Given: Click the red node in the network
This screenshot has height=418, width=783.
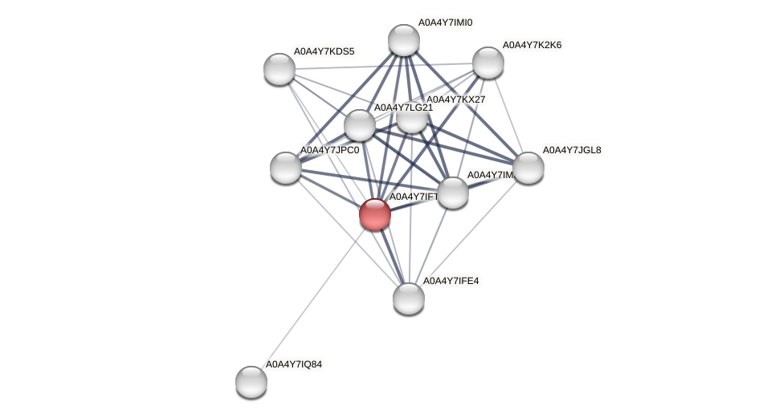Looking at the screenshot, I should [x=374, y=214].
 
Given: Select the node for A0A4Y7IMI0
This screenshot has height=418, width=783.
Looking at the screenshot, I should [x=403, y=40].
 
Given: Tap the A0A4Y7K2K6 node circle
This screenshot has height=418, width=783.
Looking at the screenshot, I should [x=487, y=63].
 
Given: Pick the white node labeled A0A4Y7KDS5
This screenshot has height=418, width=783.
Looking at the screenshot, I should [x=279, y=68].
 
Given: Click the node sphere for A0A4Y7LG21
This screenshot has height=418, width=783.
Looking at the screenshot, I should [x=359, y=124].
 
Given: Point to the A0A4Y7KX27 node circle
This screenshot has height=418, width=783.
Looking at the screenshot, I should [x=411, y=118].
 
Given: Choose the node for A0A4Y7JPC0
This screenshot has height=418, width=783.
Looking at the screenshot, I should [x=286, y=167].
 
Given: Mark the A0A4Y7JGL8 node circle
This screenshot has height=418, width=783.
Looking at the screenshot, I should [x=528, y=167].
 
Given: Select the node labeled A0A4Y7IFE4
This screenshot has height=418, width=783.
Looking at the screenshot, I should [x=408, y=298].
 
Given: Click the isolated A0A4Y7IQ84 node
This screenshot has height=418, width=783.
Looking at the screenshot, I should [x=251, y=381].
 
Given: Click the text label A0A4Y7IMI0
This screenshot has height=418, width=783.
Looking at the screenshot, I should [x=445, y=22].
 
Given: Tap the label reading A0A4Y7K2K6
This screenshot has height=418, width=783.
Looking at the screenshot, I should [x=532, y=45].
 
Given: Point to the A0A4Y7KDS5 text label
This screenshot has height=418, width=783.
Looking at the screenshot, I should [x=323, y=51].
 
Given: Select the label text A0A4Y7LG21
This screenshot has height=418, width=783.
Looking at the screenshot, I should [x=403, y=108].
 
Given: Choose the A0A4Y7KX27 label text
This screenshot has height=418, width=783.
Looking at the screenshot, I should [x=455, y=99].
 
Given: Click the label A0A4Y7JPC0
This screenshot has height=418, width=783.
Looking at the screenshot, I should [x=329, y=150].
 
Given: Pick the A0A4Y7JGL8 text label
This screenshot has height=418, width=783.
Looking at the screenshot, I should [x=572, y=150].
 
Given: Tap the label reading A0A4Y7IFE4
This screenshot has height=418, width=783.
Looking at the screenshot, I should [x=451, y=281].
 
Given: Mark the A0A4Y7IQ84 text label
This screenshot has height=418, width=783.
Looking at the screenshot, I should [x=294, y=364].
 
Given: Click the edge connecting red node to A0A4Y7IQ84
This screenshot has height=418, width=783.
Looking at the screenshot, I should [x=313, y=297].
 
